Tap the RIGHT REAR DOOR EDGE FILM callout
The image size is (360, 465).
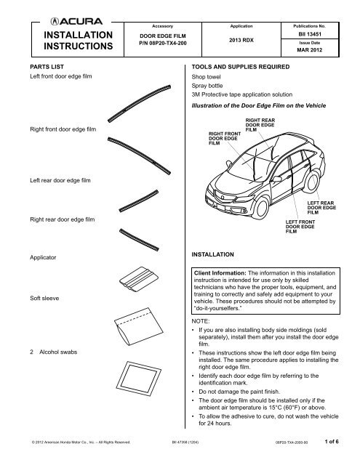click(x=260, y=125)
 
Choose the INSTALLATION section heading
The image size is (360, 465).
click(x=211, y=255)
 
